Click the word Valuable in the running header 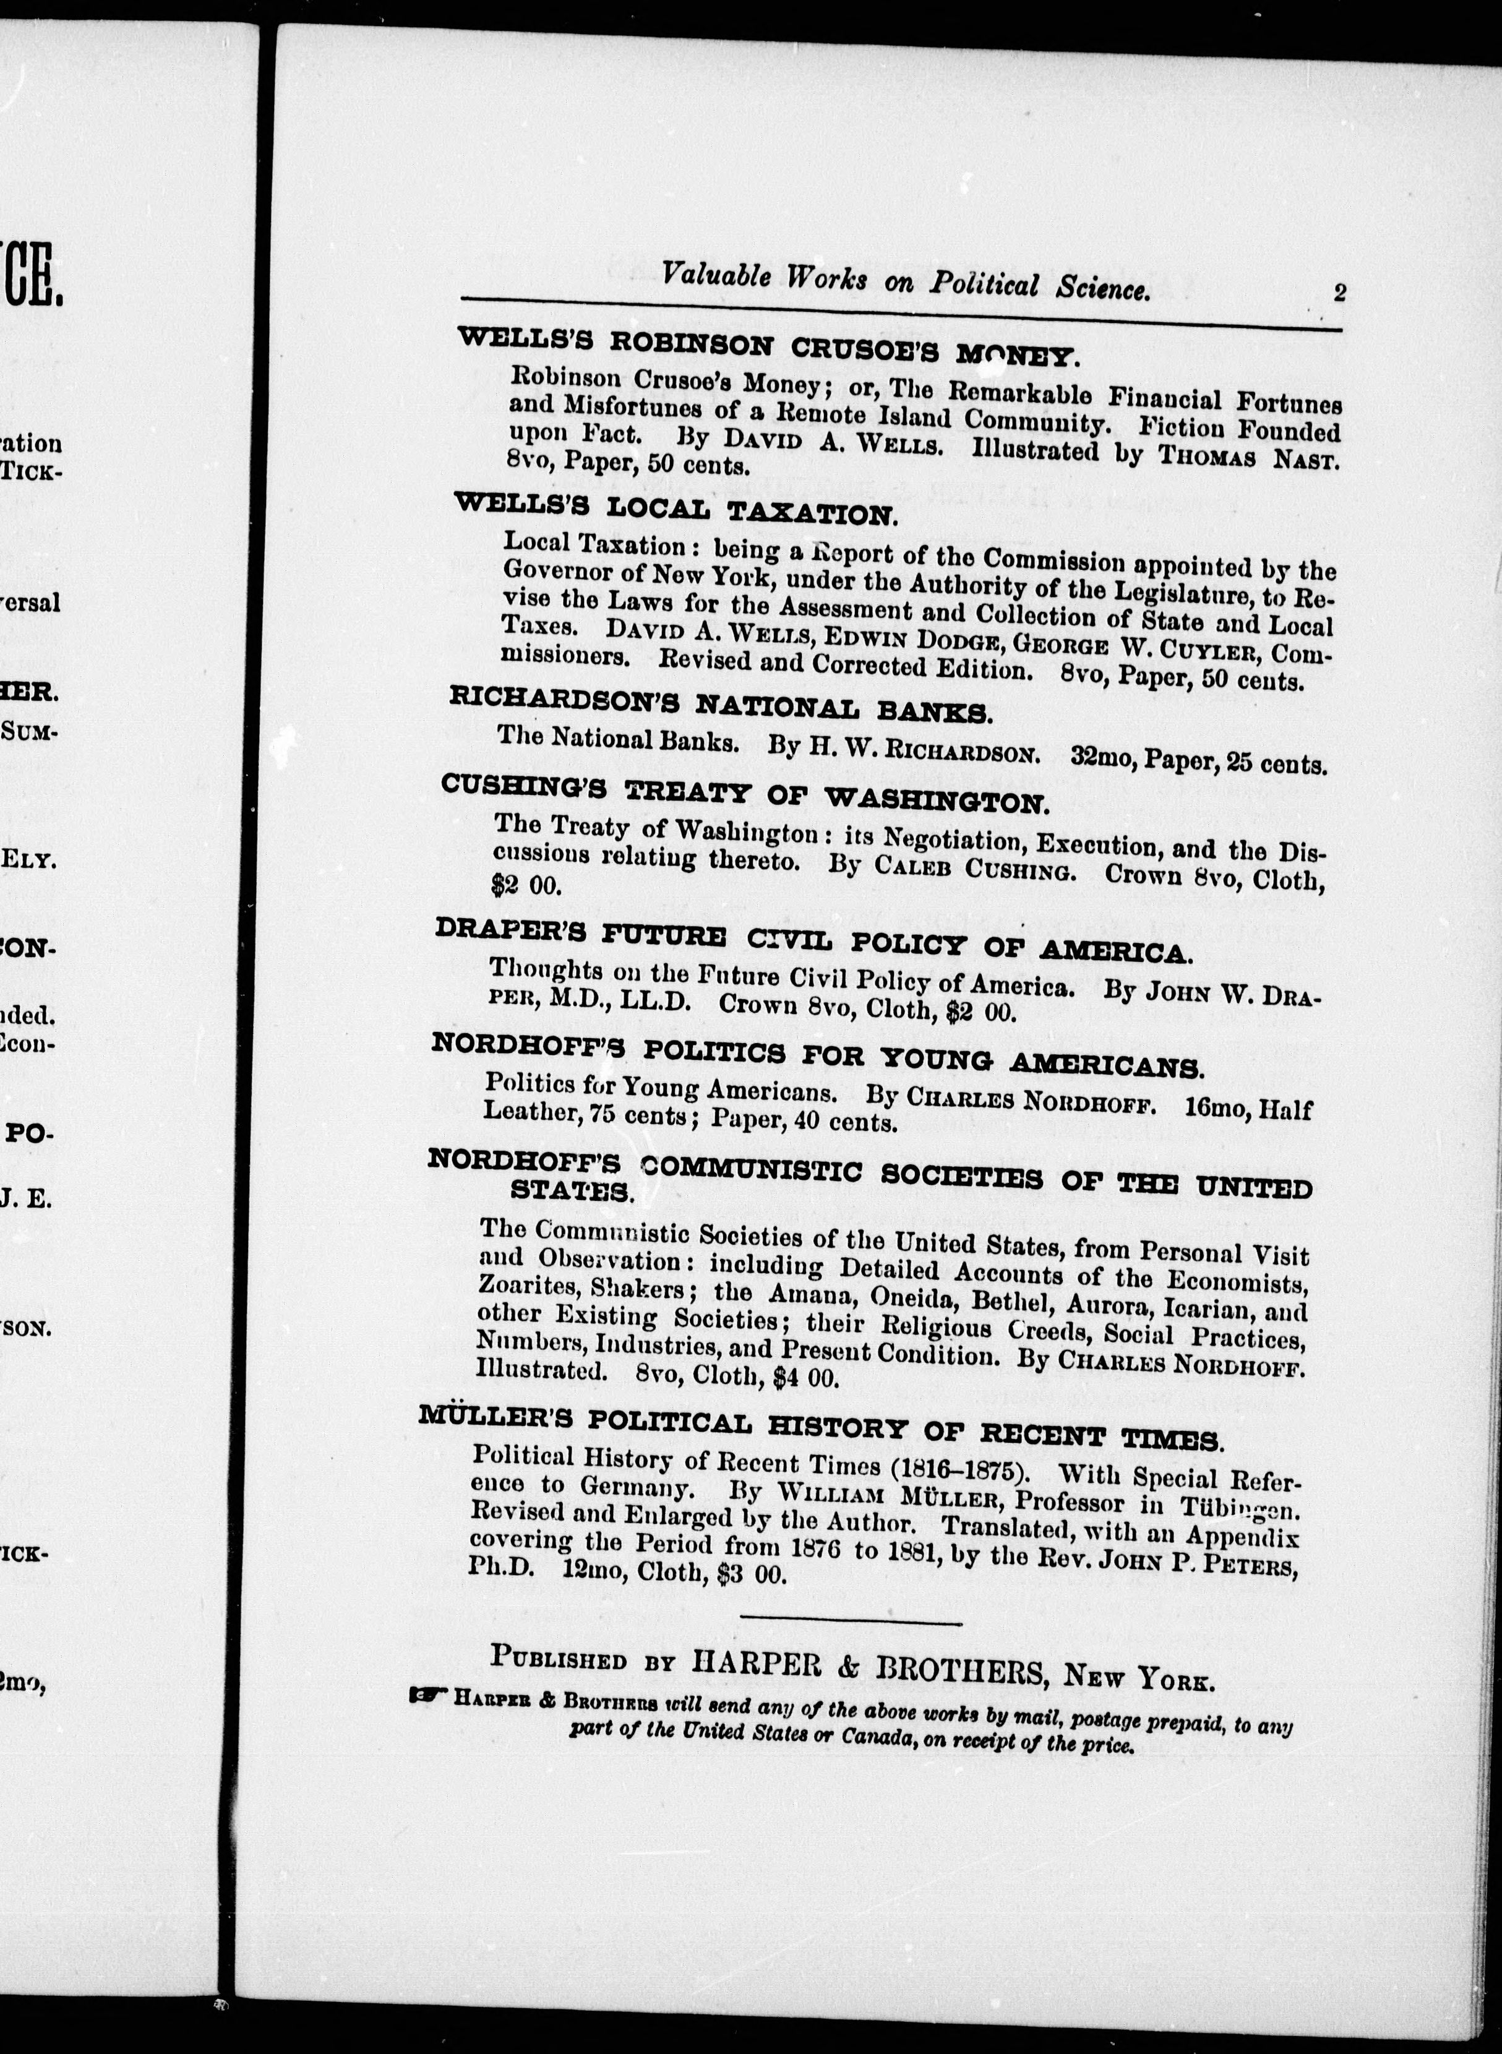pyautogui.click(x=716, y=275)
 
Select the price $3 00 pyautogui.click(x=749, y=1574)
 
